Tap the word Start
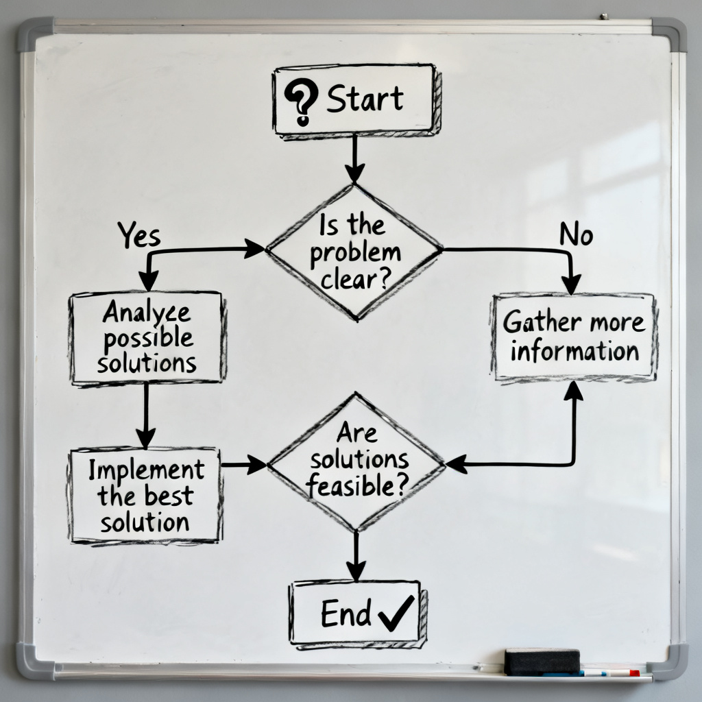pyautogui.click(x=365, y=100)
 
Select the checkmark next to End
pyautogui.click(x=396, y=612)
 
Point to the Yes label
pyautogui.click(x=138, y=236)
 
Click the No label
pyautogui.click(x=576, y=235)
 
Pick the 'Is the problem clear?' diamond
pyautogui.click(x=354, y=252)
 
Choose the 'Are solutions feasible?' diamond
pyautogui.click(x=356, y=461)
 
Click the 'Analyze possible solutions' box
pyautogui.click(x=147, y=337)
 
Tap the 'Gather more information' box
pyautogui.click(x=574, y=336)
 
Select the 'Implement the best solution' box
pyautogui.click(x=145, y=495)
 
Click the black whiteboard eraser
pyautogui.click(x=542, y=662)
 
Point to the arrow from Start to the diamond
pyautogui.click(x=354, y=157)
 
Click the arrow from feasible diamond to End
pyautogui.click(x=355, y=556)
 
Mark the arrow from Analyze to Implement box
pyautogui.click(x=145, y=415)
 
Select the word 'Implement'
pyautogui.click(x=146, y=470)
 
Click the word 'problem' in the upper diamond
pyautogui.click(x=354, y=252)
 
